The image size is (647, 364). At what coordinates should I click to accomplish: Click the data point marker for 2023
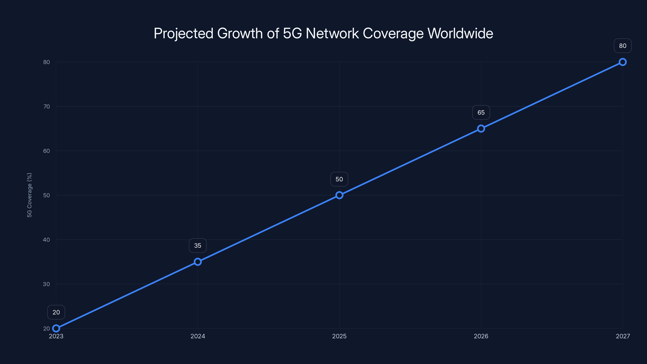56,328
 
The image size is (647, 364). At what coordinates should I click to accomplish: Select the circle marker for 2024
198,262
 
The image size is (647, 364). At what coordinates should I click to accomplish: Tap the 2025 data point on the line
339,195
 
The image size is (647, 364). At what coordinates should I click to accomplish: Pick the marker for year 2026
481,129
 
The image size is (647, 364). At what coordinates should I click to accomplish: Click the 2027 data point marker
623,62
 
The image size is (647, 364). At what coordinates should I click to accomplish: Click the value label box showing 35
198,246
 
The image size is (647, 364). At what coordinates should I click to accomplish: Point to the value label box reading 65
481,113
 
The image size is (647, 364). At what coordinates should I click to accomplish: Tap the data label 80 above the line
623,46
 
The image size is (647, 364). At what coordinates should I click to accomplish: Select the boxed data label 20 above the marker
56,312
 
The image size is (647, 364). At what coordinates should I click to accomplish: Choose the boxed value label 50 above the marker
339,179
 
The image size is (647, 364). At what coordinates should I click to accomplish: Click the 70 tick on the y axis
47,107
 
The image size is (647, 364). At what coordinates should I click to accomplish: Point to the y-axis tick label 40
47,240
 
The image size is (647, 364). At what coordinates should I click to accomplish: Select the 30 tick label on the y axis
47,284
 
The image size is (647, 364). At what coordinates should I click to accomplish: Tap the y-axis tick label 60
47,151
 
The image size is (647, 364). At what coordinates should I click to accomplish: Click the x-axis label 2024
198,336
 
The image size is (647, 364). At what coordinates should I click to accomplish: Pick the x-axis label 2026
481,336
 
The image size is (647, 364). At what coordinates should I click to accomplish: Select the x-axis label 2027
623,336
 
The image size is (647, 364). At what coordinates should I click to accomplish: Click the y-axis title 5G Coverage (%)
29,195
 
